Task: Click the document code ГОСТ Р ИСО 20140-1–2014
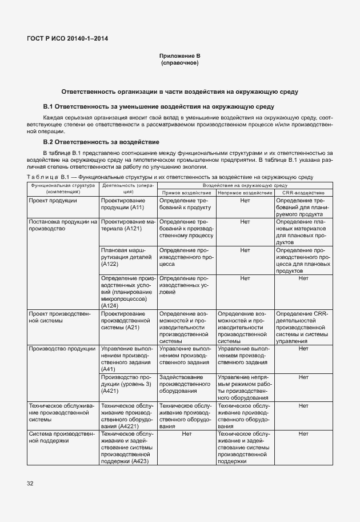pos(67,39)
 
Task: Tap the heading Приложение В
pos(180,56)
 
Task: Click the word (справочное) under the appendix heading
pos(180,62)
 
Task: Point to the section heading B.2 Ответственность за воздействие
pos(101,141)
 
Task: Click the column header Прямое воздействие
pos(186,193)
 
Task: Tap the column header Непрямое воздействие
pos(245,193)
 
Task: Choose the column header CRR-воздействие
pos(303,193)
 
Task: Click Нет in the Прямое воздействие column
pos(186,435)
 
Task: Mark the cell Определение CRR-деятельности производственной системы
pos(303,327)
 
